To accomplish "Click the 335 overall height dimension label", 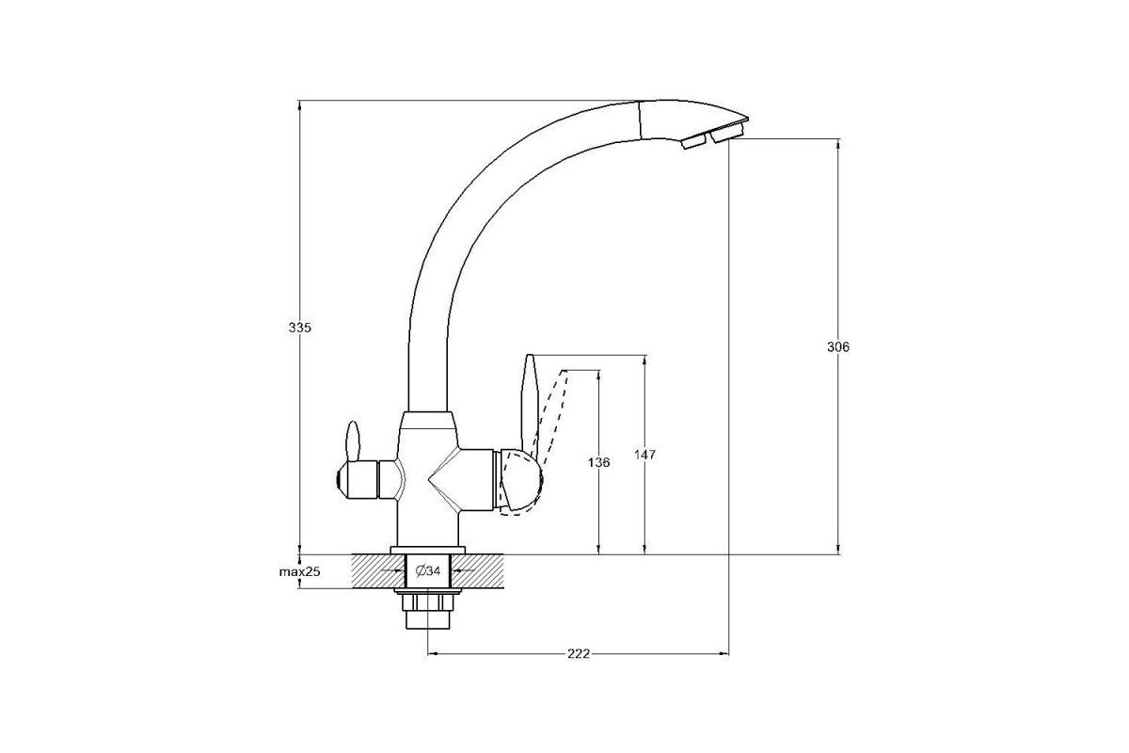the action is (300, 328).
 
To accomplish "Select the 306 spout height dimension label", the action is (838, 347).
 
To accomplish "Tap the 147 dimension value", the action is (644, 455).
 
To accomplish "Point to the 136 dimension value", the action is (598, 462).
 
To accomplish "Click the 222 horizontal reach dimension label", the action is (579, 653).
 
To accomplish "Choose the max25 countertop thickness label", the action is (300, 572).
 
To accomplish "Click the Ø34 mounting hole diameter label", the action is (428, 571).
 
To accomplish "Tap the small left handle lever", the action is (353, 441).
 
